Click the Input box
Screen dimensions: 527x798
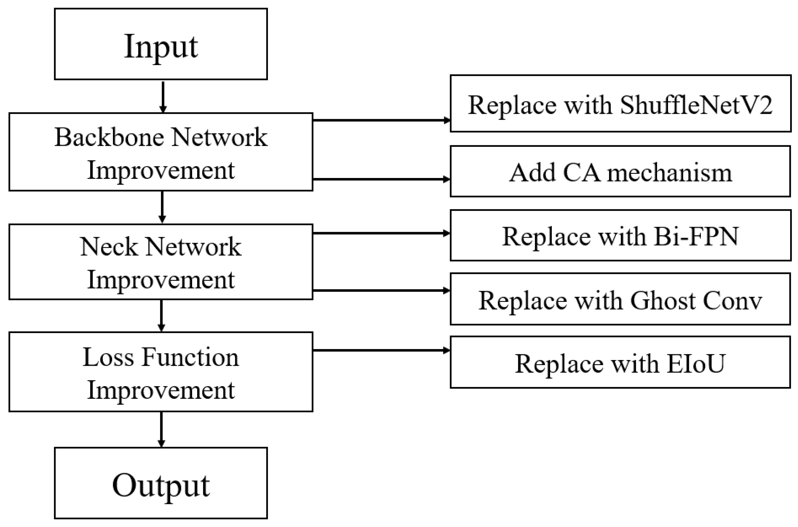[161, 44]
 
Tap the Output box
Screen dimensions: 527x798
[161, 483]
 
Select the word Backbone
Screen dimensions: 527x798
[109, 137]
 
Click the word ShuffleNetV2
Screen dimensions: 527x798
[696, 105]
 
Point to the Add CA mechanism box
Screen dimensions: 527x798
[620, 171]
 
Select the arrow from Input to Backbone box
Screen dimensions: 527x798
[163, 97]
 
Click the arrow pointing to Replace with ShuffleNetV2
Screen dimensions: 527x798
[381, 120]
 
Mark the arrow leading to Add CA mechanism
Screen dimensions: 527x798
[381, 179]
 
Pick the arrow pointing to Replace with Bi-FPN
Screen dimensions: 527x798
[381, 233]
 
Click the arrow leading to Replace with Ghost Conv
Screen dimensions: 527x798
[381, 291]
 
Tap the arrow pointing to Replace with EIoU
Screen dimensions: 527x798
[381, 351]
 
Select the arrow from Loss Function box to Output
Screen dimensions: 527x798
[161, 429]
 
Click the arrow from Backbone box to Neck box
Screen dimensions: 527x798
[162, 207]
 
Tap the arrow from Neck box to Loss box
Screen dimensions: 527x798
[161, 315]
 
